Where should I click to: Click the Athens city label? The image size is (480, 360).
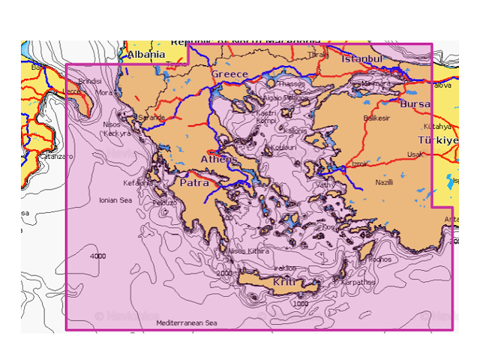[x=219, y=160]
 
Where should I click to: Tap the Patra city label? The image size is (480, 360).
[x=193, y=182]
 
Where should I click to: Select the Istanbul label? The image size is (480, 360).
[x=362, y=58]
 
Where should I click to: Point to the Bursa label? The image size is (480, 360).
[x=414, y=103]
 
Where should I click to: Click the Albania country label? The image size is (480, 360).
[x=145, y=55]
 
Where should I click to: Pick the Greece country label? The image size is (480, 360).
[x=229, y=74]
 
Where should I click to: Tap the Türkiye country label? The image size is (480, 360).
[x=436, y=141]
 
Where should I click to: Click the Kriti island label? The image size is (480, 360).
[x=284, y=282]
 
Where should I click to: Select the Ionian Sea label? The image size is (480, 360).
[x=115, y=200]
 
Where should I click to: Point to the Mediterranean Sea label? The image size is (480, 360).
[x=187, y=322]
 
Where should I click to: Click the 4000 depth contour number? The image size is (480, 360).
[x=97, y=256]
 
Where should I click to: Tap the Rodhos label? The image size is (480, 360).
[x=380, y=259]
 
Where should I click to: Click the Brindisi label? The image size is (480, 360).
[x=89, y=80]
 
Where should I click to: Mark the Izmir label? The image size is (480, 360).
[x=360, y=163]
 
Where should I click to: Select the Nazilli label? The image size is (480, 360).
[x=384, y=182]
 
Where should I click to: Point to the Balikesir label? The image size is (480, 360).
[x=376, y=118]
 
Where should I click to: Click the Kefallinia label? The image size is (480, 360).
[x=138, y=182]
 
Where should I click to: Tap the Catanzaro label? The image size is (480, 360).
[x=57, y=157]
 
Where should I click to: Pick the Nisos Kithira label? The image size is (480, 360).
[x=248, y=251]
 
